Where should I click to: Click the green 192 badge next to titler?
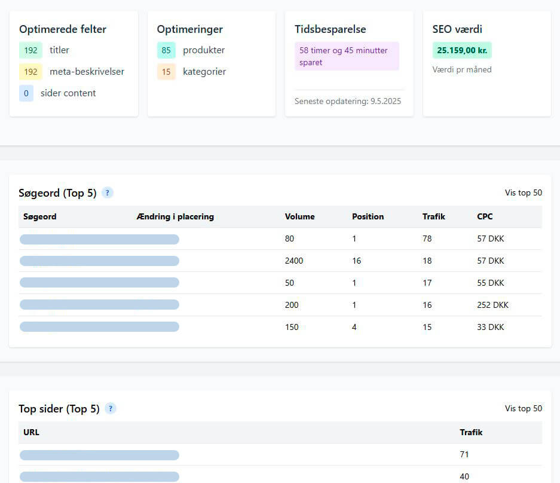click(x=30, y=50)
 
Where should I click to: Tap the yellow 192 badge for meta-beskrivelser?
click(x=30, y=72)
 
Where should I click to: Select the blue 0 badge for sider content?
click(x=26, y=93)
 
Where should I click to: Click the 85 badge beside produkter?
click(x=166, y=50)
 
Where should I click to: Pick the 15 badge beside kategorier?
click(x=166, y=72)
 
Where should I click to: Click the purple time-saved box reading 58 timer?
click(x=347, y=56)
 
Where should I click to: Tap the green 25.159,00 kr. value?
click(x=462, y=50)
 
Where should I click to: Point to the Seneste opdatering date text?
click(x=348, y=101)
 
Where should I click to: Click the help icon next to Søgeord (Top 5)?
click(x=108, y=193)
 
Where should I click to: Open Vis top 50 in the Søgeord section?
click(x=523, y=192)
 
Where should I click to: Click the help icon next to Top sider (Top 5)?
click(x=111, y=409)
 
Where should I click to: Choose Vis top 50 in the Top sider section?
click(x=523, y=408)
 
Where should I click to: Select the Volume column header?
click(x=299, y=216)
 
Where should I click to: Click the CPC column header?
click(x=485, y=216)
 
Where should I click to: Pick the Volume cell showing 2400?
click(x=294, y=261)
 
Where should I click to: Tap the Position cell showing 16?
click(x=356, y=261)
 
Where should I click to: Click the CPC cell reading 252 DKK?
click(x=492, y=305)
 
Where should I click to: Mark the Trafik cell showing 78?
click(x=427, y=239)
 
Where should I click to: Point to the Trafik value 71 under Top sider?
click(x=464, y=454)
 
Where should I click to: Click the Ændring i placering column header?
click(x=175, y=216)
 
